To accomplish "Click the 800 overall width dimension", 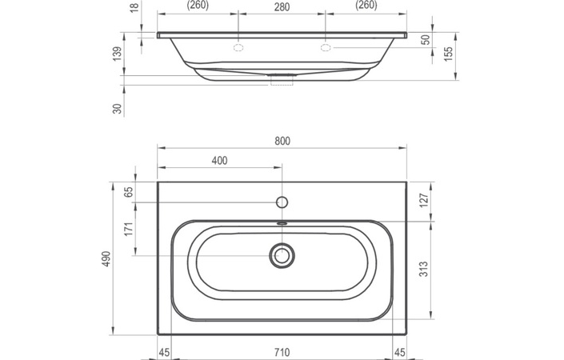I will click(282, 141).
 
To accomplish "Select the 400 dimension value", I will click(219, 161).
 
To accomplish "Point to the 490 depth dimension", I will click(106, 258).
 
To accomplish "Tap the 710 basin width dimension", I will click(282, 352).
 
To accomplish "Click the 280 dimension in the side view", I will click(281, 6).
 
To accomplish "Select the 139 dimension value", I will click(118, 54).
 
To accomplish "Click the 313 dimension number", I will click(424, 270).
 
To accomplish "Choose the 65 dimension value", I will click(127, 192).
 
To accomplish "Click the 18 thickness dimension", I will click(134, 6).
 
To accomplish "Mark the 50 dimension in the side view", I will click(425, 39).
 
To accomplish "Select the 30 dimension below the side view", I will click(118, 108).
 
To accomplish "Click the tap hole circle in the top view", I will click(282, 200).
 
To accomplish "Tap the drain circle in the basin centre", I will click(282, 255).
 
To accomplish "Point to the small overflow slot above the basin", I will click(282, 223).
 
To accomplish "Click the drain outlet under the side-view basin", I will click(282, 79).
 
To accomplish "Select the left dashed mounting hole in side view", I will click(238, 49).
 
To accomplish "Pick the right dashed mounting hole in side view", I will click(326, 49).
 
